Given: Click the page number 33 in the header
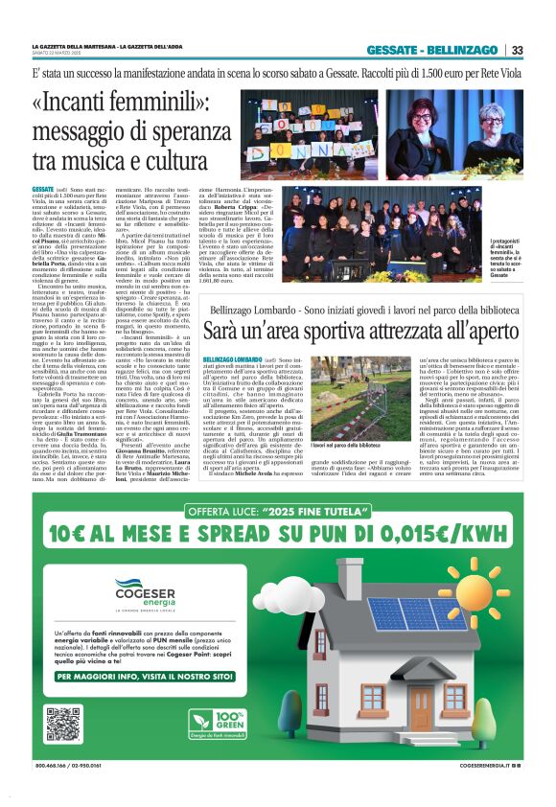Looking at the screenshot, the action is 517,50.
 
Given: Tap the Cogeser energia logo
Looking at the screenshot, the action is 140,588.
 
